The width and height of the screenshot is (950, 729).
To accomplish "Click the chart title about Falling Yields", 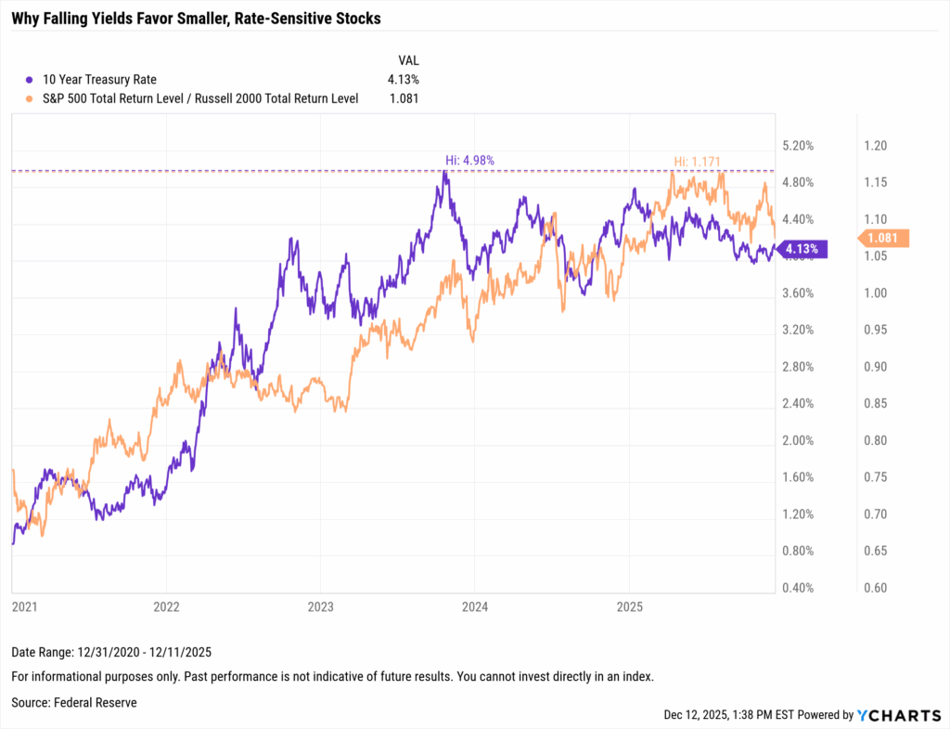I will (196, 19).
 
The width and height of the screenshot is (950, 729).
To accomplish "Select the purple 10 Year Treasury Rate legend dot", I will (30, 80).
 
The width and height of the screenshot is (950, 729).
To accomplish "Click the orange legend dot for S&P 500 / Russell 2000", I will (30, 98).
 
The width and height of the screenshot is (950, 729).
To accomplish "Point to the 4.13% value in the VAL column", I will (403, 80).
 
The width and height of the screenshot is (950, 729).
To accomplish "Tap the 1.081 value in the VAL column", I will (403, 98).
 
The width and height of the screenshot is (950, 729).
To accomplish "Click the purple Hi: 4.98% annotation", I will (469, 160).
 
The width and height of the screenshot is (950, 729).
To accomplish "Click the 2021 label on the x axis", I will (24, 607).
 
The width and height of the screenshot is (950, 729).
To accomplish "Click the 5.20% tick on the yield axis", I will (799, 146).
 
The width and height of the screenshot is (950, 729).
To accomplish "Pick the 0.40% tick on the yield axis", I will (799, 588).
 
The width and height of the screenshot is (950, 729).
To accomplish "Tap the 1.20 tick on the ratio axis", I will (876, 146).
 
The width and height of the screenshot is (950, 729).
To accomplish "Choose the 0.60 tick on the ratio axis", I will (876, 588).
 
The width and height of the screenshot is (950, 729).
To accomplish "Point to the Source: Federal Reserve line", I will (74, 703).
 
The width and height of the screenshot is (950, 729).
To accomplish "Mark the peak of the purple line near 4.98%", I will (445, 172).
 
